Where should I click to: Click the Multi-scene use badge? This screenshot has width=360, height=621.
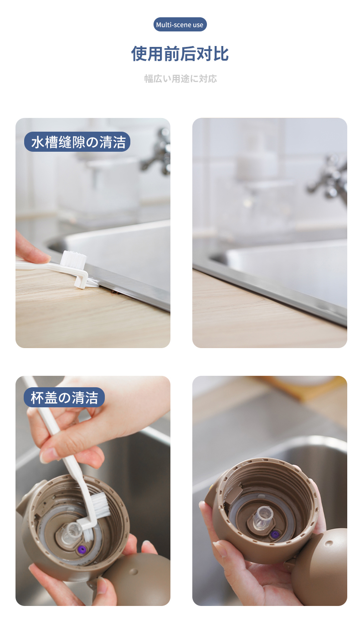tap(180, 25)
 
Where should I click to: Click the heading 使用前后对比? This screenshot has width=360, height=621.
tap(180, 53)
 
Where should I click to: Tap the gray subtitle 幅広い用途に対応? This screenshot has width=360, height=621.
tap(180, 79)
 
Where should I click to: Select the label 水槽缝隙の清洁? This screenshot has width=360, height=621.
tap(77, 142)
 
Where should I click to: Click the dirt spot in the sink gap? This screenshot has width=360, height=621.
tap(114, 292)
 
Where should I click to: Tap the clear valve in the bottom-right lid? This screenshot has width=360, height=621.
tap(262, 516)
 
